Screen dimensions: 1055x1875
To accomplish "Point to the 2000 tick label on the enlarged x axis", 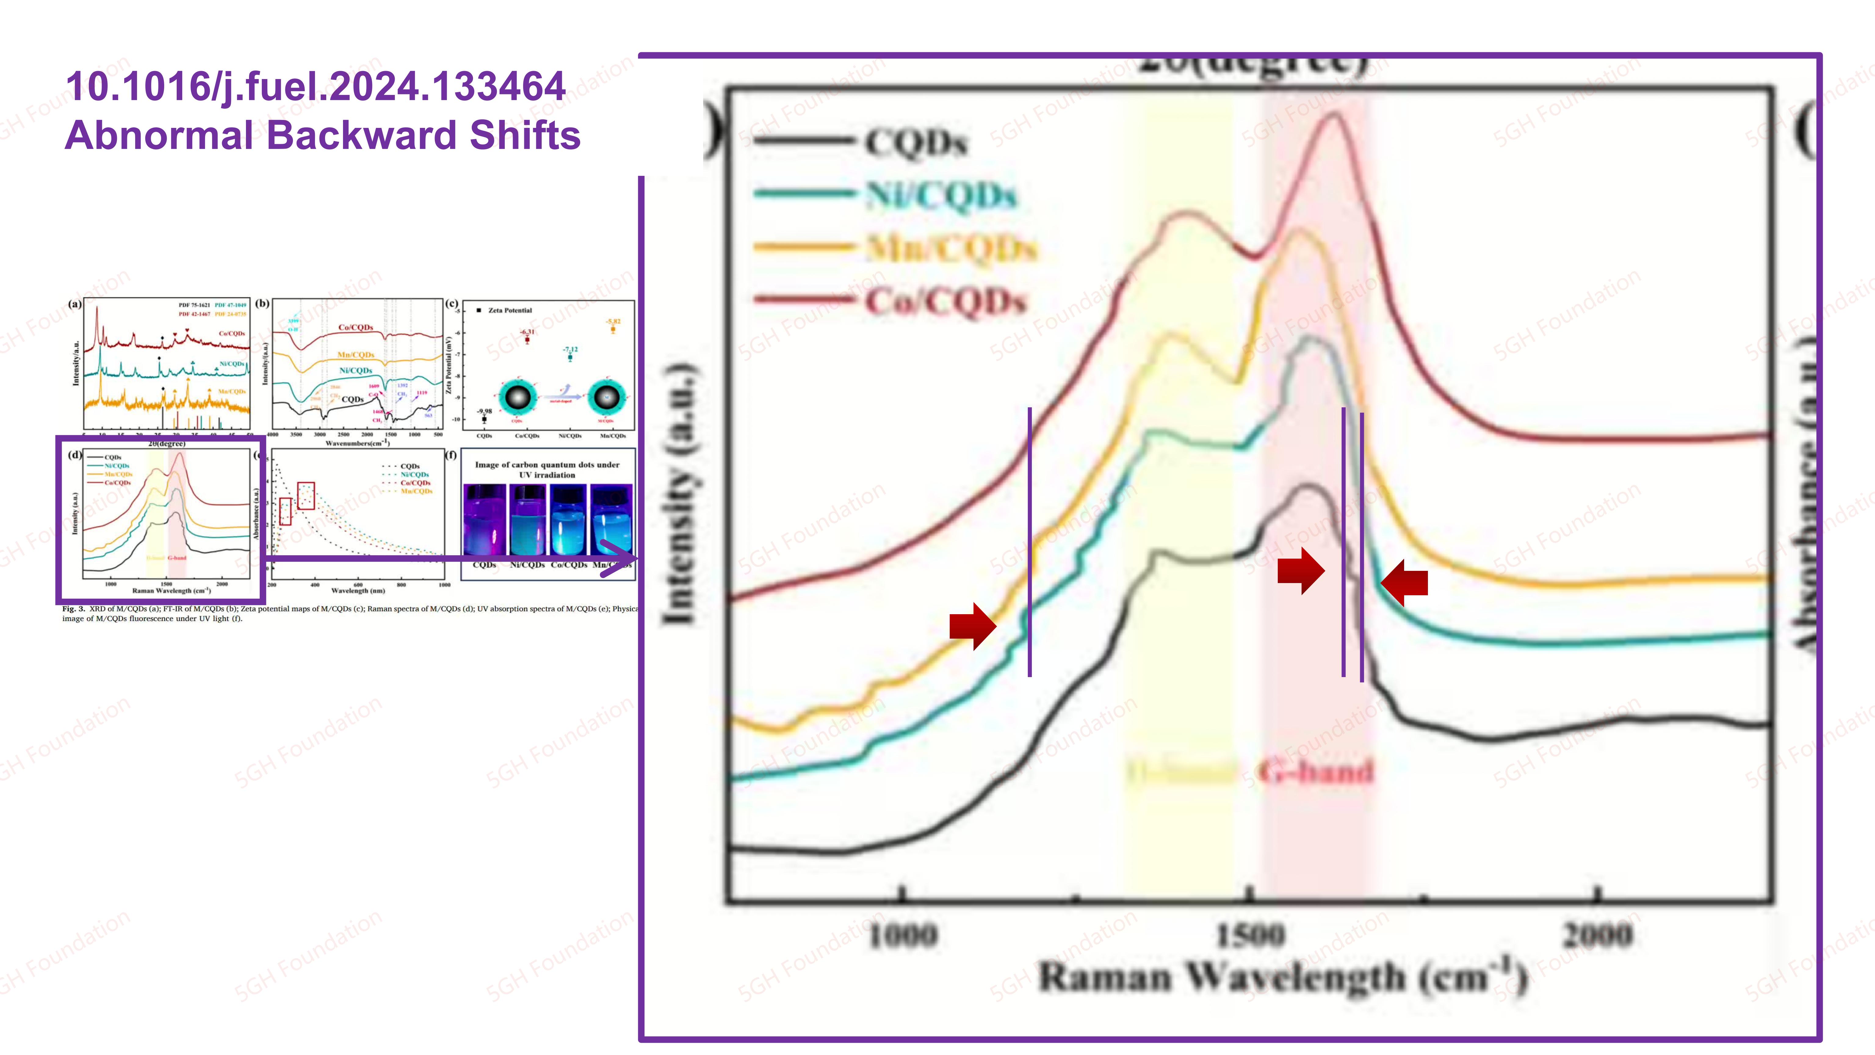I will point(1598,935).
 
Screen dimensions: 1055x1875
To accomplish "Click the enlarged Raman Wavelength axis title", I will point(1281,977).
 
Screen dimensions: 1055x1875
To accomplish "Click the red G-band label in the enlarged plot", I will point(1316,772).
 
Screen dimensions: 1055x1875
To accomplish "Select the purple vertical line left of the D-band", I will point(1029,542).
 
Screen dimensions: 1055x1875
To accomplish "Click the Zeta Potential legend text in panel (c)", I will point(510,310).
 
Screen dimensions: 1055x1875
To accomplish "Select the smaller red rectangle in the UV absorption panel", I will point(285,511).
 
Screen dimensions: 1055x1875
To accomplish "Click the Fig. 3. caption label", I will point(74,609).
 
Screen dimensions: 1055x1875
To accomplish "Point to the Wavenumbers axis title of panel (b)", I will point(357,443).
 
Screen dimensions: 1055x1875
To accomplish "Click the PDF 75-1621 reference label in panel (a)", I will point(194,305).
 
